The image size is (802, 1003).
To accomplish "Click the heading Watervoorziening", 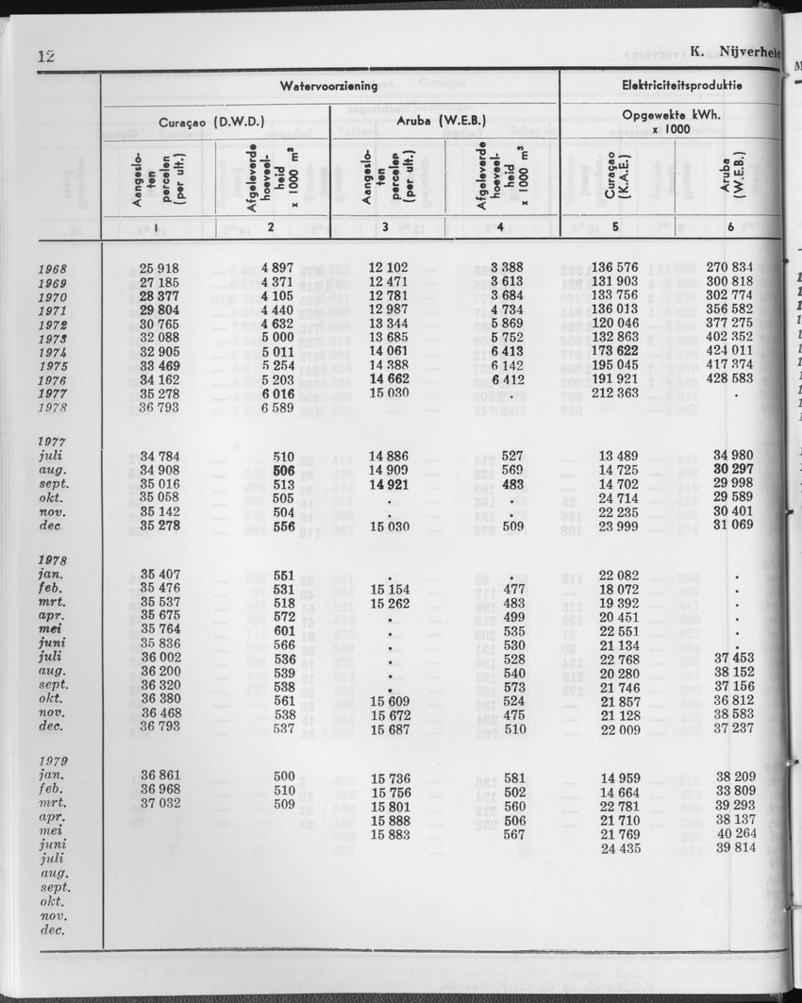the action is click(x=328, y=86).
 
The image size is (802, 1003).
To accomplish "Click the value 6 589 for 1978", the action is click(x=278, y=409).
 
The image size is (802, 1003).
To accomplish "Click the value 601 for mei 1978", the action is click(x=284, y=631).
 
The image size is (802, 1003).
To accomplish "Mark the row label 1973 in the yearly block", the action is click(x=52, y=340).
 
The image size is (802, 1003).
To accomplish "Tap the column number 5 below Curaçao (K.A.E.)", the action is click(x=614, y=227).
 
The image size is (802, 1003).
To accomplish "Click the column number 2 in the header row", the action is click(x=271, y=227).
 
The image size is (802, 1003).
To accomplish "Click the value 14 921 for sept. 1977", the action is click(x=389, y=485).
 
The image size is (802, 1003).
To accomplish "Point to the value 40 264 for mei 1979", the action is click(x=735, y=835).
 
